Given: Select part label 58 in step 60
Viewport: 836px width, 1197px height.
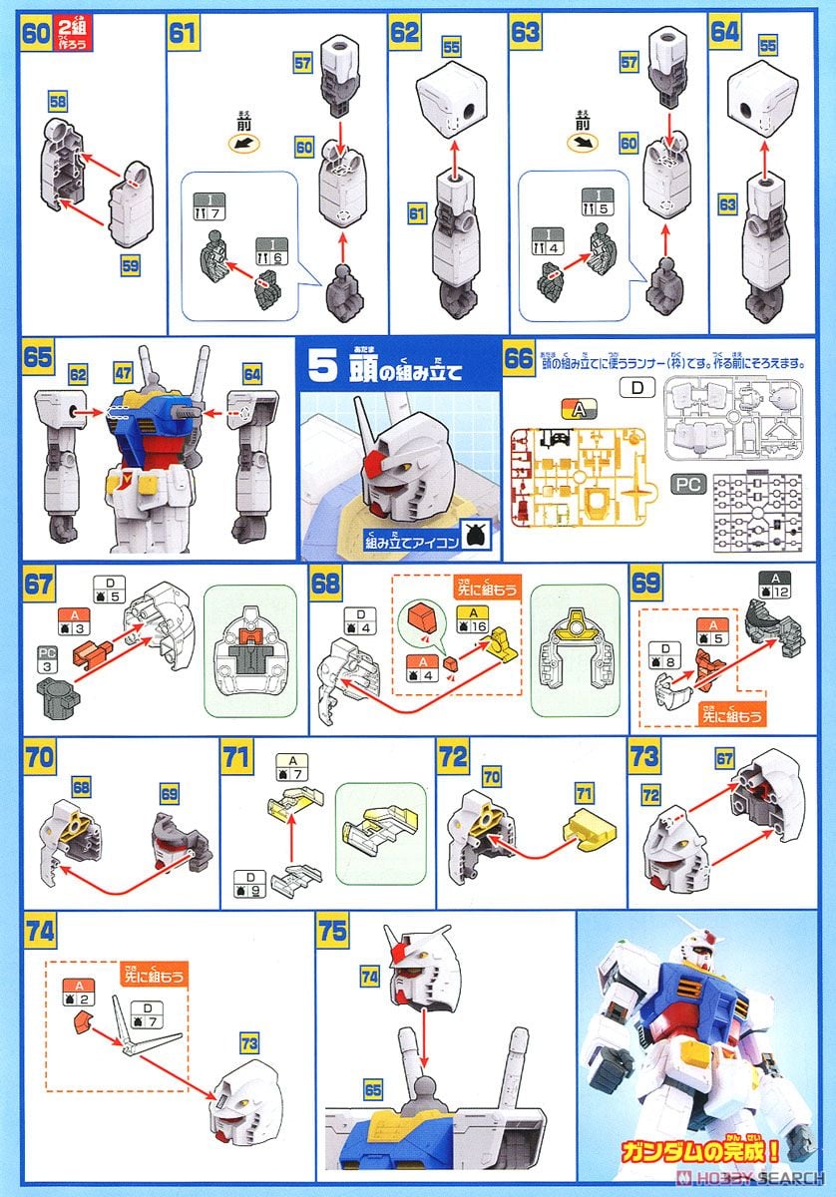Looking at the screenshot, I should click(x=57, y=102).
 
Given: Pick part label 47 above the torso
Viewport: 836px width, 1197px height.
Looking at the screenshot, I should click(x=123, y=373).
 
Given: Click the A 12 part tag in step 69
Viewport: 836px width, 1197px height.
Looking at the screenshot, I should click(x=775, y=585).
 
